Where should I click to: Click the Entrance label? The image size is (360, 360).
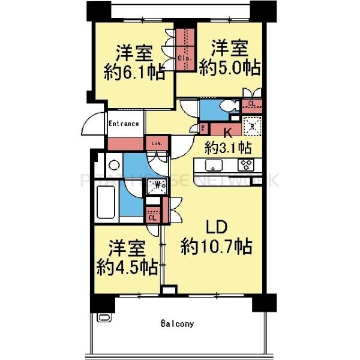click(x=124, y=124)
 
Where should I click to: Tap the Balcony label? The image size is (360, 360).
click(x=177, y=324)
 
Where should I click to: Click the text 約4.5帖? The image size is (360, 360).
click(x=125, y=266)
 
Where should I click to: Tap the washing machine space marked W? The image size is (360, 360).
click(x=158, y=185)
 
